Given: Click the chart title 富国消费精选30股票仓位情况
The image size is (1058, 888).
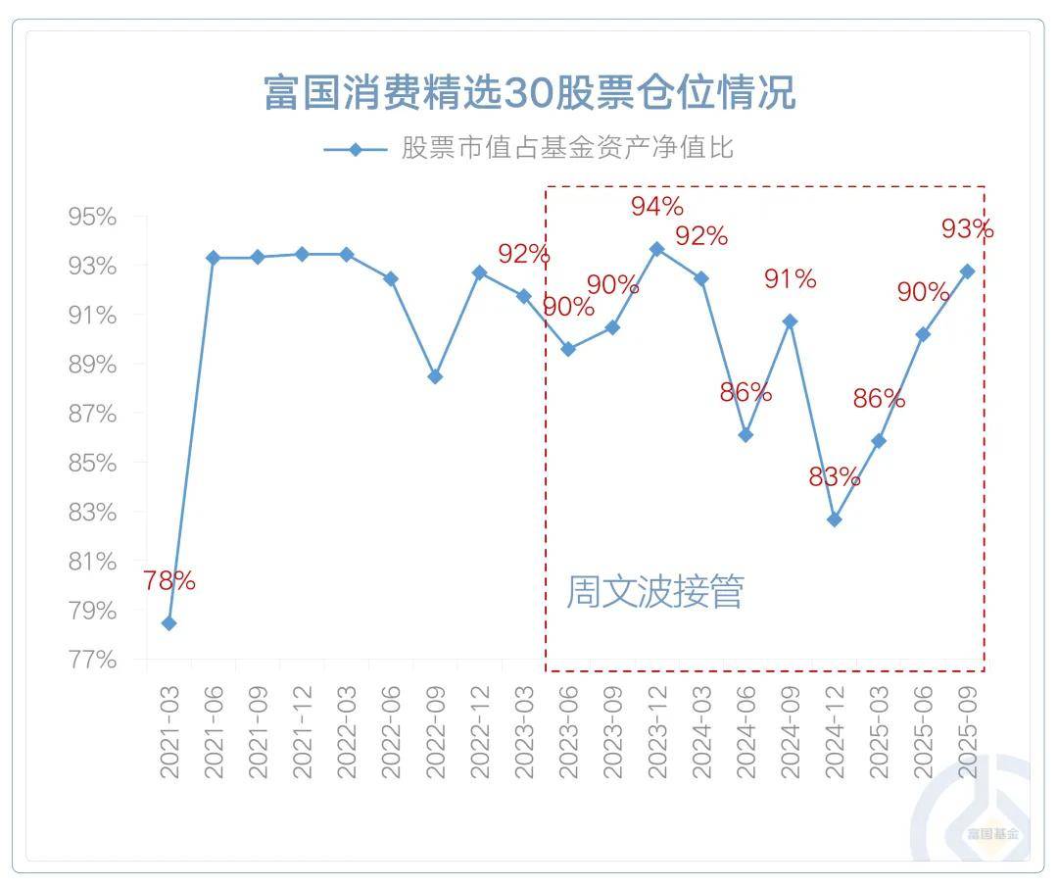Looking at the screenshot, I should point(529,94).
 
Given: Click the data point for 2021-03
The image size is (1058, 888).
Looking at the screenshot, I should point(168,623).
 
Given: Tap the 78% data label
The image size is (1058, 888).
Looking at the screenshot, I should point(168,581).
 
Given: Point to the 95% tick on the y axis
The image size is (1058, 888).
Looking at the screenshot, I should point(92,217).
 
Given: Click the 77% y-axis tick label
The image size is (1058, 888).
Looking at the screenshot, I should point(92,660).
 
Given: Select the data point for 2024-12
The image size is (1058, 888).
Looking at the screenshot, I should point(834,519).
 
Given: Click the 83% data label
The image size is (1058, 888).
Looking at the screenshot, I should point(834,478).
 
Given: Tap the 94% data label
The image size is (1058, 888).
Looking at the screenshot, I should point(656,207).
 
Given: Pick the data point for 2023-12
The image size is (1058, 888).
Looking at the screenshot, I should point(656,249).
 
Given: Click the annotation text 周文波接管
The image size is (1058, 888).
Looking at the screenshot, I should point(654,592).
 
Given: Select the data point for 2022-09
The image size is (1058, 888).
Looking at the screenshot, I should point(435,376).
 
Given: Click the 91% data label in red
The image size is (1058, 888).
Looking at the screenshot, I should point(790,279).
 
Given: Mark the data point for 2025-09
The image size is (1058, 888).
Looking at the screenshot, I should point(967,271).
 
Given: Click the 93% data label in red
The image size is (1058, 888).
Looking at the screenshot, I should point(967,229).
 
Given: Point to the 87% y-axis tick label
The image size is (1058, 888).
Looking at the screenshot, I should point(92,414).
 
